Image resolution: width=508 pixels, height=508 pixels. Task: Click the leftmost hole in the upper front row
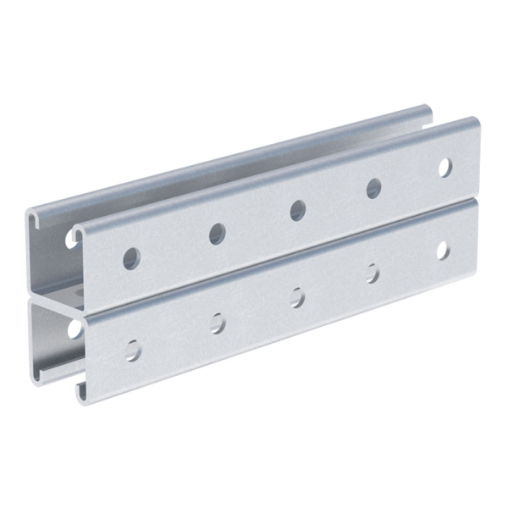click(x=131, y=258)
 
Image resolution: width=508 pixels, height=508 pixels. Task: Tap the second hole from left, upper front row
click(x=218, y=234)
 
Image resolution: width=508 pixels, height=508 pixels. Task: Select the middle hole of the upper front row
click(x=297, y=210)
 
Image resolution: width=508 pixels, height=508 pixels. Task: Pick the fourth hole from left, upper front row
click(x=373, y=188)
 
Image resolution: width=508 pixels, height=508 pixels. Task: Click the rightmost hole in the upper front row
click(x=444, y=167)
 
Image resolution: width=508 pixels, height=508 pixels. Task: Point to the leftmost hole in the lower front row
click(x=133, y=349)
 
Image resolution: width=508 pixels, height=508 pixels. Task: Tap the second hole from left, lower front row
click(x=218, y=323)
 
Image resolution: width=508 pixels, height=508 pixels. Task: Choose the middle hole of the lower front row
click(x=297, y=297)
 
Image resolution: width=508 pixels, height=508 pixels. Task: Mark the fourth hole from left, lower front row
click(x=372, y=273)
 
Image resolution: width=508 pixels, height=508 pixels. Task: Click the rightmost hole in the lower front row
click(x=442, y=250)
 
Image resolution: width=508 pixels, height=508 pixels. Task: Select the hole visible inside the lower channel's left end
click(x=74, y=327)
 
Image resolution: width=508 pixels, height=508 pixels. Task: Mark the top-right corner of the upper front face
click(x=476, y=123)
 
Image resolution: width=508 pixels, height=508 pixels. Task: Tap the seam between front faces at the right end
click(x=477, y=202)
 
